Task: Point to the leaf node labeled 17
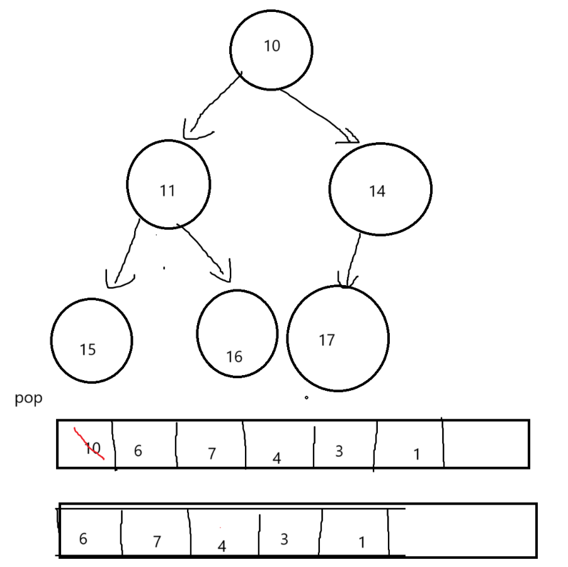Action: tap(338, 338)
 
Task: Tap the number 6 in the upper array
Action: tap(137, 451)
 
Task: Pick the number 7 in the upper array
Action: tap(212, 453)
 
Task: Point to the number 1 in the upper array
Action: tap(416, 454)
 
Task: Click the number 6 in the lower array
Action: tap(83, 539)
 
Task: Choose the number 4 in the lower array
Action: tap(221, 546)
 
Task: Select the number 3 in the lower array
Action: tap(284, 539)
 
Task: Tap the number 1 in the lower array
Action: tap(361, 542)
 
